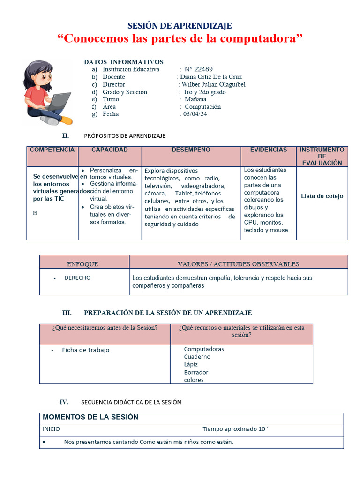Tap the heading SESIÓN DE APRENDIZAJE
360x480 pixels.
[180, 26]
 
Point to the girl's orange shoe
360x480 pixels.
[67, 120]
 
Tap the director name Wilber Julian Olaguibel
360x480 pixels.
[213, 84]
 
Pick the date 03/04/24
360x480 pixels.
[195, 114]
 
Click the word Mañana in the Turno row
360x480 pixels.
[195, 99]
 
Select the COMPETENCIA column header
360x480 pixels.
[52, 150]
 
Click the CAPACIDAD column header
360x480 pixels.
[109, 150]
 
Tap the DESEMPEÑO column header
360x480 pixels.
[191, 150]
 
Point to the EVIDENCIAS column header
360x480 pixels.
[269, 150]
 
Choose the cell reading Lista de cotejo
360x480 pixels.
[322, 196]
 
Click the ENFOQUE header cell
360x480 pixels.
[82, 264]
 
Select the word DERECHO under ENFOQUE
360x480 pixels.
[77, 277]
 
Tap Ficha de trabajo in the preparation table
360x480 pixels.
[85, 350]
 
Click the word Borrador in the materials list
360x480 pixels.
[196, 372]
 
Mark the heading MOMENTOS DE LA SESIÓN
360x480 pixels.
[90, 417]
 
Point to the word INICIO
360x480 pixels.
[51, 429]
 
